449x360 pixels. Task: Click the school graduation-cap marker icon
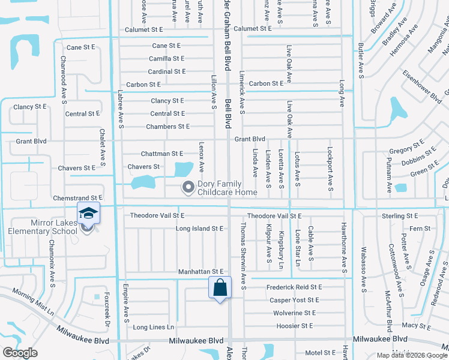(x=88, y=213)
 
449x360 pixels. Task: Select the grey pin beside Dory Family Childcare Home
(x=188, y=188)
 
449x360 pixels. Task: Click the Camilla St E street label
(x=167, y=59)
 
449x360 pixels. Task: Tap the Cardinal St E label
(x=167, y=71)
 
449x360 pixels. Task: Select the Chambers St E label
(x=168, y=127)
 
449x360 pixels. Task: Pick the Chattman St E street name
(x=162, y=154)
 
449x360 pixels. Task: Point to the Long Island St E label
(x=199, y=229)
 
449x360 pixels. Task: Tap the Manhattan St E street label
(x=200, y=272)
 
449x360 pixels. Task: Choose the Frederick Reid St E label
(x=294, y=287)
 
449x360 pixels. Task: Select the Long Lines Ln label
(x=154, y=327)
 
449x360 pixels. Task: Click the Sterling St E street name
(x=400, y=215)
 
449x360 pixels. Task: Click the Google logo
(x=20, y=353)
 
